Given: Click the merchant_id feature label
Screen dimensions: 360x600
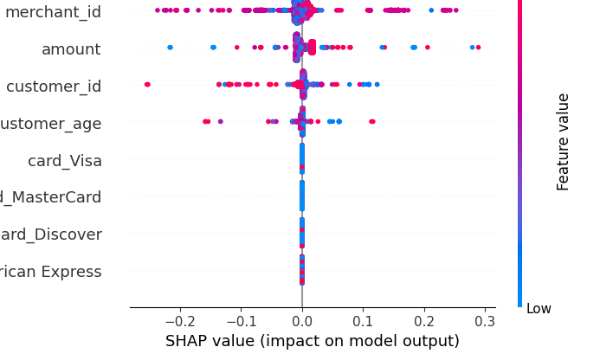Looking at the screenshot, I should click(x=51, y=11).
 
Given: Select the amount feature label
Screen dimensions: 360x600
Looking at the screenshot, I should click(x=71, y=48).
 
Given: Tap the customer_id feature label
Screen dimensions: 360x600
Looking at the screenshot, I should click(x=54, y=86).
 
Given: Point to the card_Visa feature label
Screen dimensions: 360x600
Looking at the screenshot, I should click(x=65, y=160).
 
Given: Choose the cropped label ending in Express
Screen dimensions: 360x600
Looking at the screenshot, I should click(x=50, y=272).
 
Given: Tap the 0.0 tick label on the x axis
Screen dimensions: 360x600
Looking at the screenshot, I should click(x=301, y=323).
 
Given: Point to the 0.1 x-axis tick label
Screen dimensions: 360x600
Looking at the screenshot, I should click(x=363, y=323).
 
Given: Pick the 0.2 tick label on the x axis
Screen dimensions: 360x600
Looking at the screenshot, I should click(x=424, y=323).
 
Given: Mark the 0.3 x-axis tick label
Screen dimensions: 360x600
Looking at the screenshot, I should click(x=485, y=323).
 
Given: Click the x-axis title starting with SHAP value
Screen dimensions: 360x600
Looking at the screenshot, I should click(x=313, y=341).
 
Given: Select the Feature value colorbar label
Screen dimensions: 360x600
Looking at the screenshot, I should click(x=564, y=141).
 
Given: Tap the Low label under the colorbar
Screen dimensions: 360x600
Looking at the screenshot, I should click(x=538, y=308).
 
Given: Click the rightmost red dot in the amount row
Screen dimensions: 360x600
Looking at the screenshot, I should click(x=478, y=47).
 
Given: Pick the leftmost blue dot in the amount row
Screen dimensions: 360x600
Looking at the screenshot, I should click(x=170, y=47).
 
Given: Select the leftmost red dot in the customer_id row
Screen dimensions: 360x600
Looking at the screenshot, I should click(x=147, y=84).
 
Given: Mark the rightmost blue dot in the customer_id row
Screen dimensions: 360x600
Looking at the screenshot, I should click(x=377, y=84).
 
